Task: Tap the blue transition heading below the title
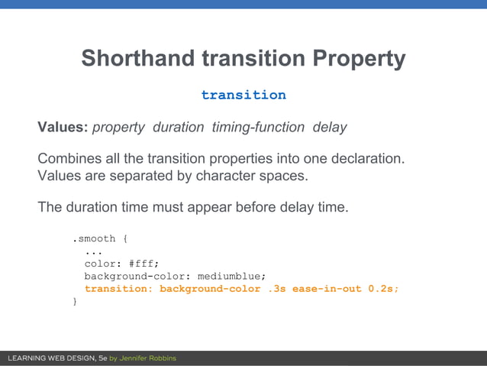243,95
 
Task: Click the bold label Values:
63,127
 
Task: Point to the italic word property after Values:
118,127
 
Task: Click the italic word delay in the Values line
329,127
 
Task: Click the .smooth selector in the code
94,239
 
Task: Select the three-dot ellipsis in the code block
93,251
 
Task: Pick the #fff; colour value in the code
144,264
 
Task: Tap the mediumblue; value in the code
231,277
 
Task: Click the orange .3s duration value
276,289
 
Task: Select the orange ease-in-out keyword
327,289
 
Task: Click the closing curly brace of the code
75,302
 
